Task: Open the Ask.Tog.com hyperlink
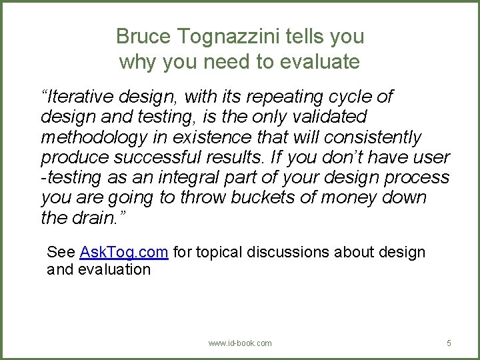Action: [123, 253]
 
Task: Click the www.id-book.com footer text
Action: [240, 343]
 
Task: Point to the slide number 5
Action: [449, 343]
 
